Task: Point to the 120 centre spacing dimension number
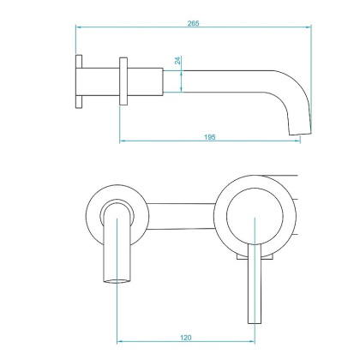point(185,339)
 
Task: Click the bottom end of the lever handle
point(254,321)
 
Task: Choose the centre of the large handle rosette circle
point(254,221)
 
